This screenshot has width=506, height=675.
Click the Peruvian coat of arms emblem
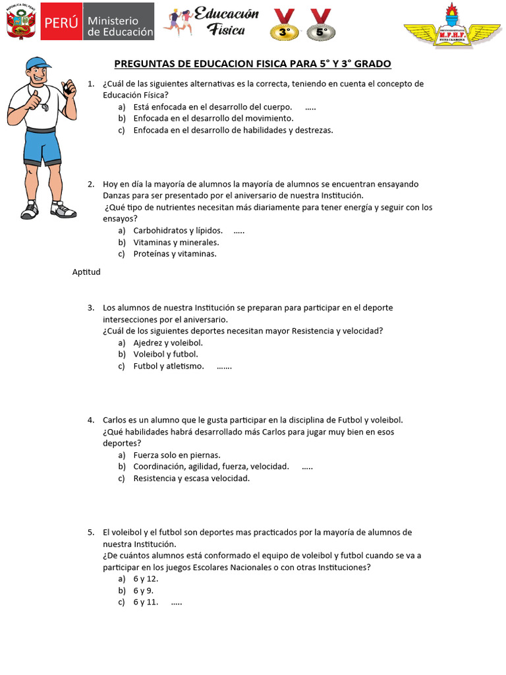[20, 24]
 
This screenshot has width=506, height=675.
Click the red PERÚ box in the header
[61, 26]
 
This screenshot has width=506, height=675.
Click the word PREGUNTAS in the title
[142, 64]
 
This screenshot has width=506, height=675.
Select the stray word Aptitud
[86, 272]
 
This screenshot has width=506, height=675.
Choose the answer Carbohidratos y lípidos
[177, 231]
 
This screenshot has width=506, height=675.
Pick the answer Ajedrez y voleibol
[167, 343]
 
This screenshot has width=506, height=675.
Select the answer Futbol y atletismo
[169, 366]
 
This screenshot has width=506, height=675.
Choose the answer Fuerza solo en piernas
[177, 455]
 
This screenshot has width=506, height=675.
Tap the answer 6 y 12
[145, 579]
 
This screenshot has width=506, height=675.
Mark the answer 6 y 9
[143, 591]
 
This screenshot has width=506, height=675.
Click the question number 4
[90, 420]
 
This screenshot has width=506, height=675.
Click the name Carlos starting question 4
[115, 420]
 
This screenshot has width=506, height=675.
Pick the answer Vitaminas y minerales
[176, 243]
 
